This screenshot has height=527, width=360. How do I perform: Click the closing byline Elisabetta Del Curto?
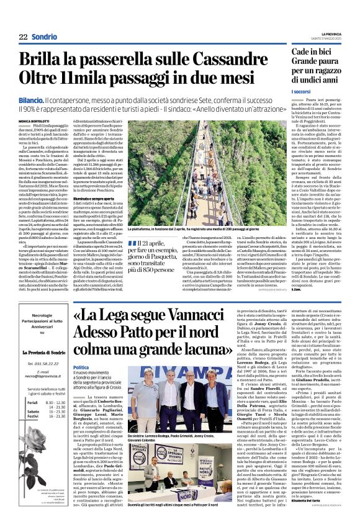pyautogui.click(x=308, y=517)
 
